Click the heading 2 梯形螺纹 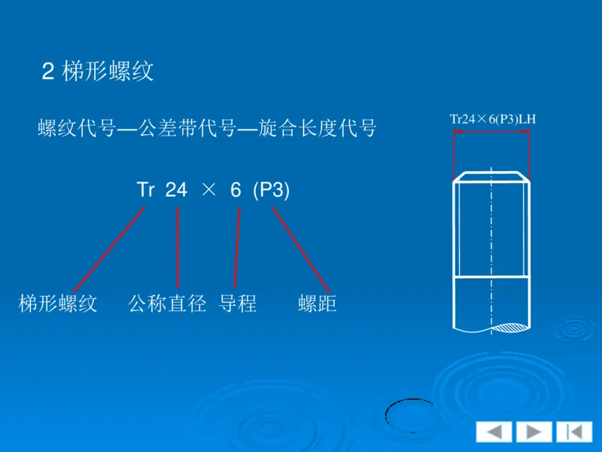98,72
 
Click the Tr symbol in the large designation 145,191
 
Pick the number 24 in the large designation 176,191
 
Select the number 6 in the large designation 236,191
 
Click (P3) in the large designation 271,191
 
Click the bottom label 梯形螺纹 58,304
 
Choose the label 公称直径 167,304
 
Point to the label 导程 238,304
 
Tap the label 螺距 317,304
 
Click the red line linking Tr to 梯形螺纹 109,249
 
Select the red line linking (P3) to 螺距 301,249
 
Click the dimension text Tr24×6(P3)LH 492,119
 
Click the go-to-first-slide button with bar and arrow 573,432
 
